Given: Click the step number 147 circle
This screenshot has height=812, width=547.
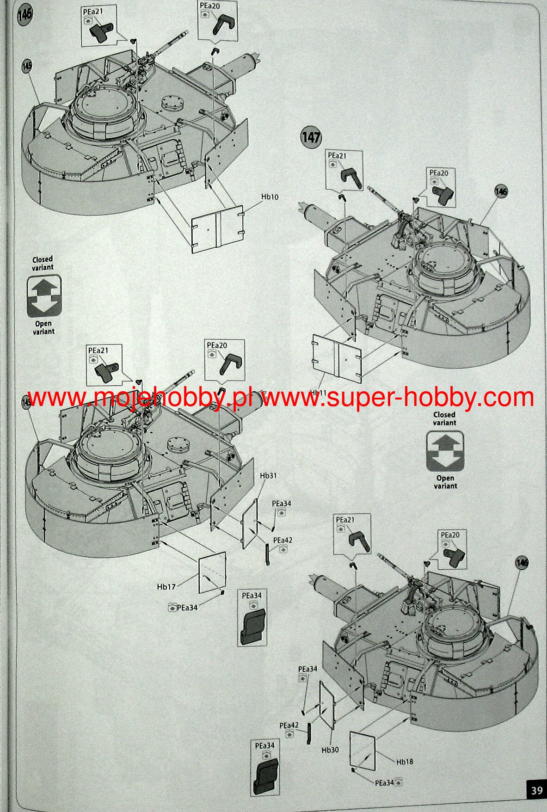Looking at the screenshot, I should (311, 137).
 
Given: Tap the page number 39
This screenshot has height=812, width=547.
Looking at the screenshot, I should (536, 791).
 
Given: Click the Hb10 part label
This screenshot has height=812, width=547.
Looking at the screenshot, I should (270, 197).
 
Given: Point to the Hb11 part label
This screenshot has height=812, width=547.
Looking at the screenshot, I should (318, 392).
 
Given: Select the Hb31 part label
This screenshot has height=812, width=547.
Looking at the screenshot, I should (268, 475).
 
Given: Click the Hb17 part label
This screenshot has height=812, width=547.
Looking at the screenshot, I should (166, 587).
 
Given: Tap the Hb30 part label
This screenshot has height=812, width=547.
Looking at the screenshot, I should (330, 749).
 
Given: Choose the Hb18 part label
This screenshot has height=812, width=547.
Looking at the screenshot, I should (405, 762).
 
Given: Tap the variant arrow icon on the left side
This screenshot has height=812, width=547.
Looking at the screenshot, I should (43, 296).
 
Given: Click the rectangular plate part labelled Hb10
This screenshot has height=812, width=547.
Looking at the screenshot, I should (217, 229).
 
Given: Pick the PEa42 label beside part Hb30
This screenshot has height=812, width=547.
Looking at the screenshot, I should (289, 725).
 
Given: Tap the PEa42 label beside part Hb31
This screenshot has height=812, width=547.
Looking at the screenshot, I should (283, 540).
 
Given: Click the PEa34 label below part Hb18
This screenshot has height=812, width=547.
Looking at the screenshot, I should (385, 782).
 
